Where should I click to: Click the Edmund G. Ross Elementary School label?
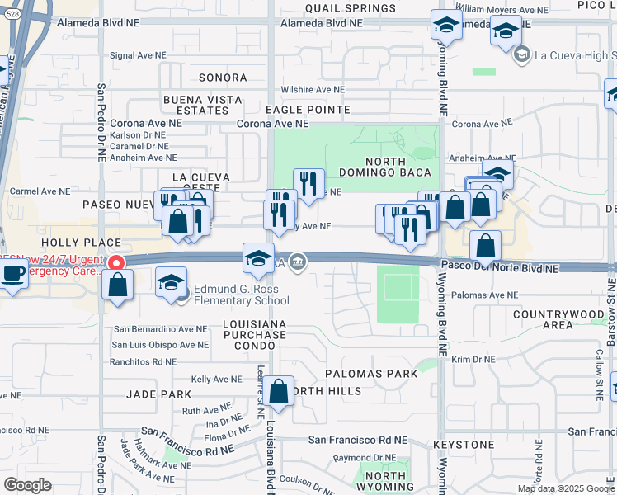(229, 295)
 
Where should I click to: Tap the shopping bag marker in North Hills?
(280, 392)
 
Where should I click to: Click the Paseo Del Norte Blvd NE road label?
(499, 268)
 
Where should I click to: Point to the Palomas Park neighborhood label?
(371, 374)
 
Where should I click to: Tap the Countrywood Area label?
(554, 319)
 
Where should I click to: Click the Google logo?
(27, 485)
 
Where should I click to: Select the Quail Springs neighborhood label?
(338, 7)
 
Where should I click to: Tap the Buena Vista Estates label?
(203, 105)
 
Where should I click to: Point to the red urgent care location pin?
(116, 263)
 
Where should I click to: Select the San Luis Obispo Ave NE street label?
(160, 344)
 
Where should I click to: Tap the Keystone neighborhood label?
(463, 445)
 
